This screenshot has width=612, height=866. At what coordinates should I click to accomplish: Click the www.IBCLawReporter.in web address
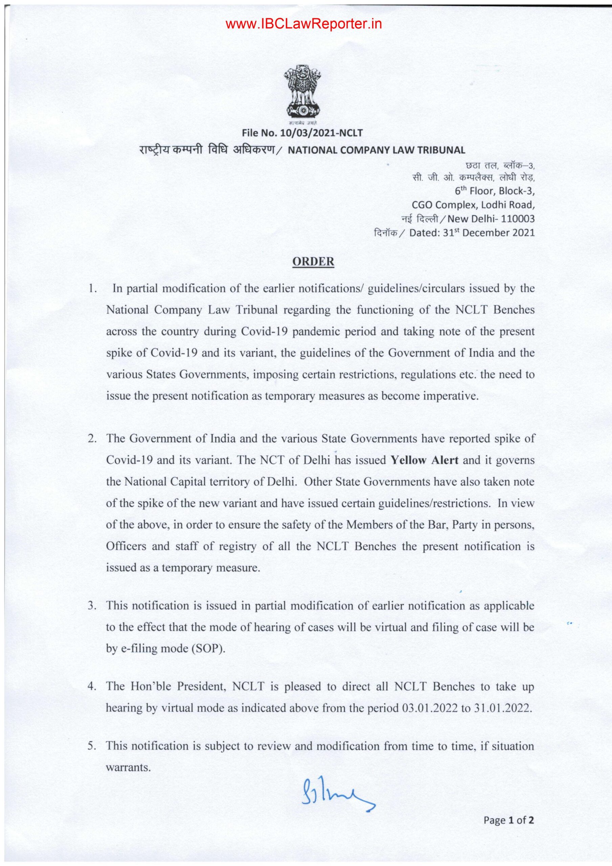click(x=304, y=24)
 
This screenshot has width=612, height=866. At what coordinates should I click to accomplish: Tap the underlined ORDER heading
click(x=313, y=262)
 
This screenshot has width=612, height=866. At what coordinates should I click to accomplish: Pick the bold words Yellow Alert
click(x=425, y=460)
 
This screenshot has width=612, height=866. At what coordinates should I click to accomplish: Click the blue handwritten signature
click(x=337, y=798)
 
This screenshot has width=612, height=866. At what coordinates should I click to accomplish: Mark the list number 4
click(x=91, y=686)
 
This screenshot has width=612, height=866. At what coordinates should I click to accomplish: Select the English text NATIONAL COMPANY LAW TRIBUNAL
click(x=377, y=150)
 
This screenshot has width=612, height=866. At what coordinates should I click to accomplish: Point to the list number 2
click(x=91, y=439)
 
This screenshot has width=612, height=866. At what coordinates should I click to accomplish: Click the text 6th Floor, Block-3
click(x=495, y=191)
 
